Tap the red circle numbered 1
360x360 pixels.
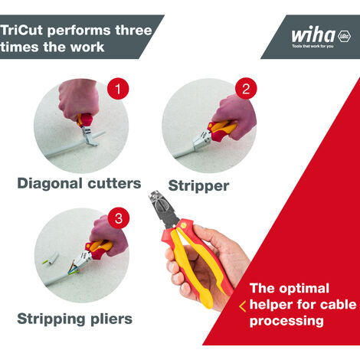tap(116, 90)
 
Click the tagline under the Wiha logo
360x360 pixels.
tap(313, 47)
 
